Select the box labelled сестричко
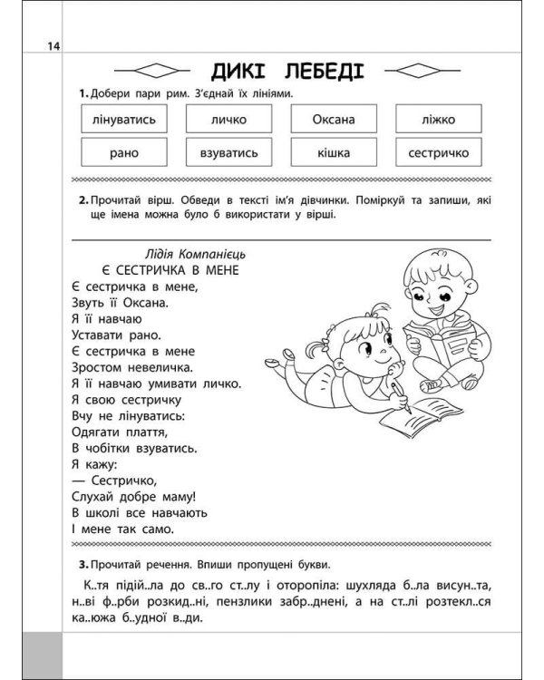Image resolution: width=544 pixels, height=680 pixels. coord(439,153)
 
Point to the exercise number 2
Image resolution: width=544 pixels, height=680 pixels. coord(82,200)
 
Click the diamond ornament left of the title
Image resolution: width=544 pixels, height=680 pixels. coord(151,72)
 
